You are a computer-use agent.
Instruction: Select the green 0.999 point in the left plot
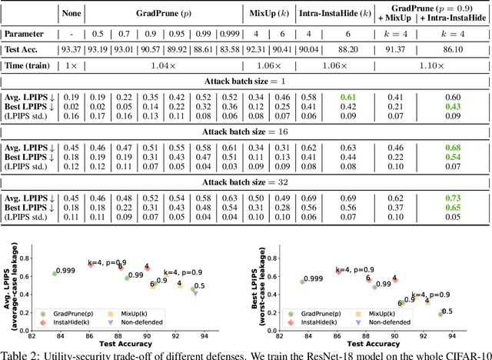pos(54,273)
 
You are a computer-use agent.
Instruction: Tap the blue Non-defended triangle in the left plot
pos(194,292)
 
